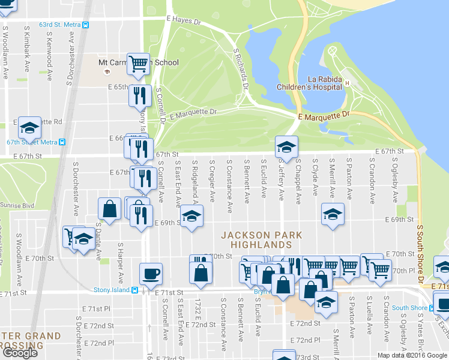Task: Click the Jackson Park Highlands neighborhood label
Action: point(261,239)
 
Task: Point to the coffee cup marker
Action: point(151,274)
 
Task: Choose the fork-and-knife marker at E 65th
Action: point(140,94)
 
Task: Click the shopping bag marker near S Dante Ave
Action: point(110,209)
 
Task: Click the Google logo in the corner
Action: point(20,353)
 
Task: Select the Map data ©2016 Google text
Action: point(412,355)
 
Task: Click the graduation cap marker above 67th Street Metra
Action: point(29,127)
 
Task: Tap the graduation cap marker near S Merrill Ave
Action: point(333,214)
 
